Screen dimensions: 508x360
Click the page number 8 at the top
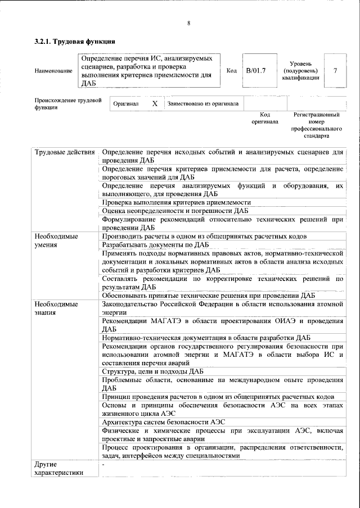point(188,23)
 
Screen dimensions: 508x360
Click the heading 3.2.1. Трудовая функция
point(75,42)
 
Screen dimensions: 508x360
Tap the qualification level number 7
point(335,71)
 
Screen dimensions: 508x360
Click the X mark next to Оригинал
point(155,104)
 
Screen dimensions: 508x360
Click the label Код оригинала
point(264,118)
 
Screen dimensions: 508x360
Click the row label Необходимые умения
point(56,241)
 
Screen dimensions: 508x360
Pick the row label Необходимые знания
point(56,309)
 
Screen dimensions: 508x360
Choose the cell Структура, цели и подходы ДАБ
point(152,371)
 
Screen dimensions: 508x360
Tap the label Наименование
point(53,71)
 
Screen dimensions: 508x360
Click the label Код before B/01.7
point(231,71)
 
